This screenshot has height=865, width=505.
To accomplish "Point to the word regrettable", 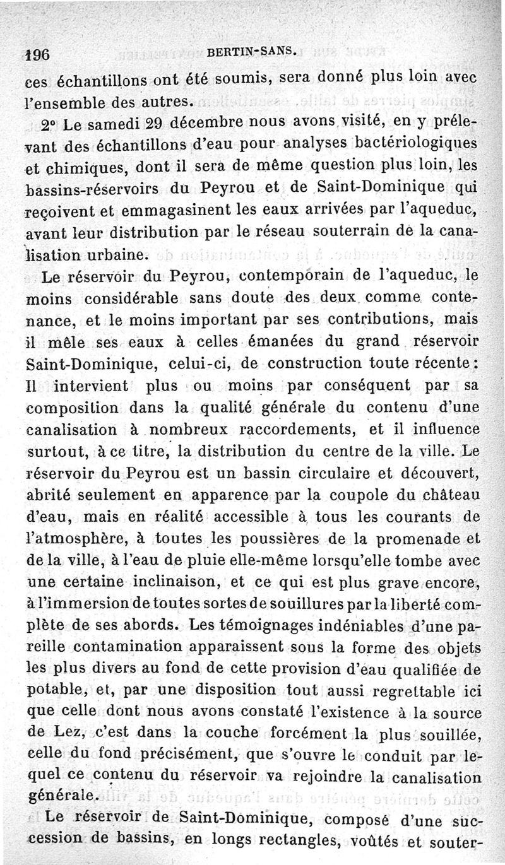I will [x=410, y=692].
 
